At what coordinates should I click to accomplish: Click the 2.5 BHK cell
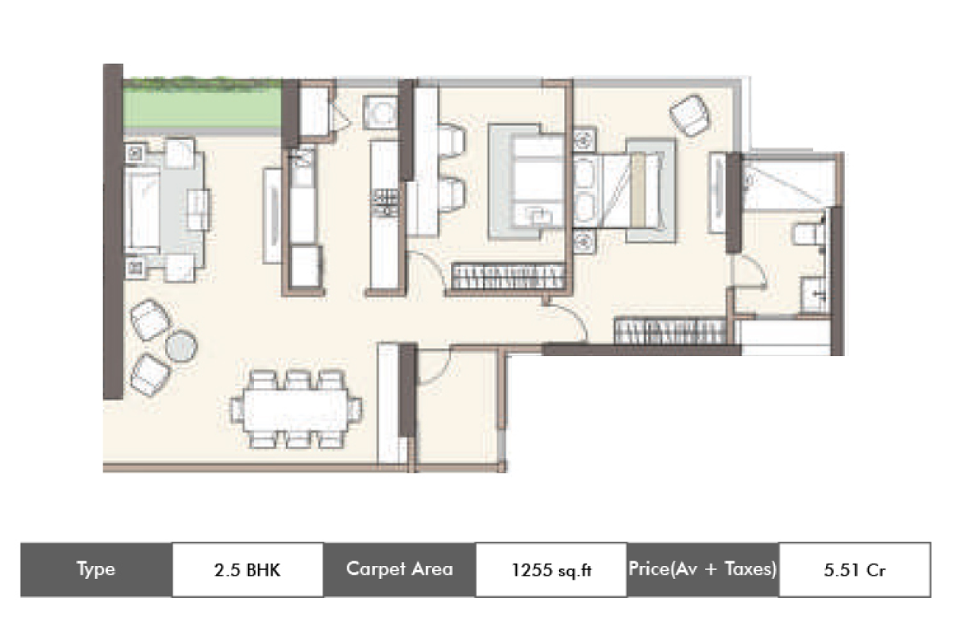click(248, 569)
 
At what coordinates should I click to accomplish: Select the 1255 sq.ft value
click(551, 569)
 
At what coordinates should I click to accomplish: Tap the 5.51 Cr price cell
click(855, 569)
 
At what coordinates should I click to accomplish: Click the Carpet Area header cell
click(399, 569)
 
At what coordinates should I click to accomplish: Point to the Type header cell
click(96, 569)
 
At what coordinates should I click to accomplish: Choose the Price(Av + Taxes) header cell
click(703, 569)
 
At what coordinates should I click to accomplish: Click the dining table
click(296, 409)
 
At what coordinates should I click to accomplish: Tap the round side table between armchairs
click(181, 346)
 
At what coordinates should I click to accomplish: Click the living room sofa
click(142, 210)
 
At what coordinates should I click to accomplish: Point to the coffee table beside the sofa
click(199, 210)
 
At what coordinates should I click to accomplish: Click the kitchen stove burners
click(384, 203)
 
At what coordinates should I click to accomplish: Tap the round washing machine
click(380, 112)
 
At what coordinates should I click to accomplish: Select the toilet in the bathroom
click(808, 235)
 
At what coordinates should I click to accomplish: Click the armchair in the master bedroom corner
click(689, 115)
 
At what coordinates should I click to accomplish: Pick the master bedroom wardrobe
click(670, 331)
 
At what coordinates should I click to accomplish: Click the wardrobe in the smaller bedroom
click(507, 277)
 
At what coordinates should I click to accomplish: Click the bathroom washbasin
click(813, 294)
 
